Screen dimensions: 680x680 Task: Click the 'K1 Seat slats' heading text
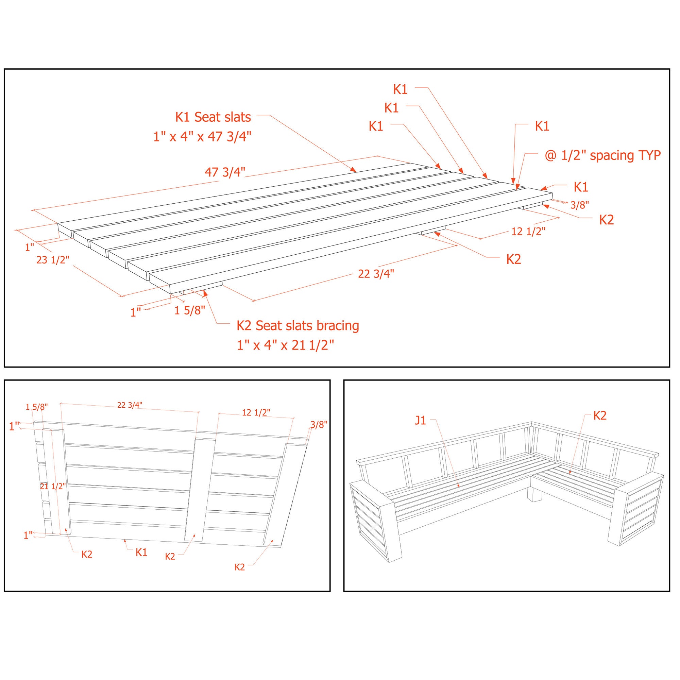pos(213,117)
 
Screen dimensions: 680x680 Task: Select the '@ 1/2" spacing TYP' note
pos(602,155)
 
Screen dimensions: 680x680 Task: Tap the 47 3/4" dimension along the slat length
pos(225,172)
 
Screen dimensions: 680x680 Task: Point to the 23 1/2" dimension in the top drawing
pos(53,260)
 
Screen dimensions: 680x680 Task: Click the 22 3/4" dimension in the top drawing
pos(376,273)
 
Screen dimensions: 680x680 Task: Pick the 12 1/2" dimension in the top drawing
pos(528,231)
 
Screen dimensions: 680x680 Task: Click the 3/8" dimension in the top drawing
pos(579,205)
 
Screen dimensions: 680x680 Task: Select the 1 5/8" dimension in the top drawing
pos(189,310)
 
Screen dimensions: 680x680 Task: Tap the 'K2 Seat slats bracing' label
pos(297,326)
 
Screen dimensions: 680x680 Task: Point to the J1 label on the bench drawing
pos(420,420)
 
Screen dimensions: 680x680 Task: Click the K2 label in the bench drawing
pos(600,415)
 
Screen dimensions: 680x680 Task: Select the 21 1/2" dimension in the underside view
pos(53,487)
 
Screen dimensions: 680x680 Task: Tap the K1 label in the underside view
pos(141,552)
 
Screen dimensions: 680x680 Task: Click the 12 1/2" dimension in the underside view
pos(256,412)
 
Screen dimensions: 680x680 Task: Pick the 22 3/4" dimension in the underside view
pos(130,405)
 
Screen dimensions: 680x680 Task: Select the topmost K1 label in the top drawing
pos(400,90)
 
